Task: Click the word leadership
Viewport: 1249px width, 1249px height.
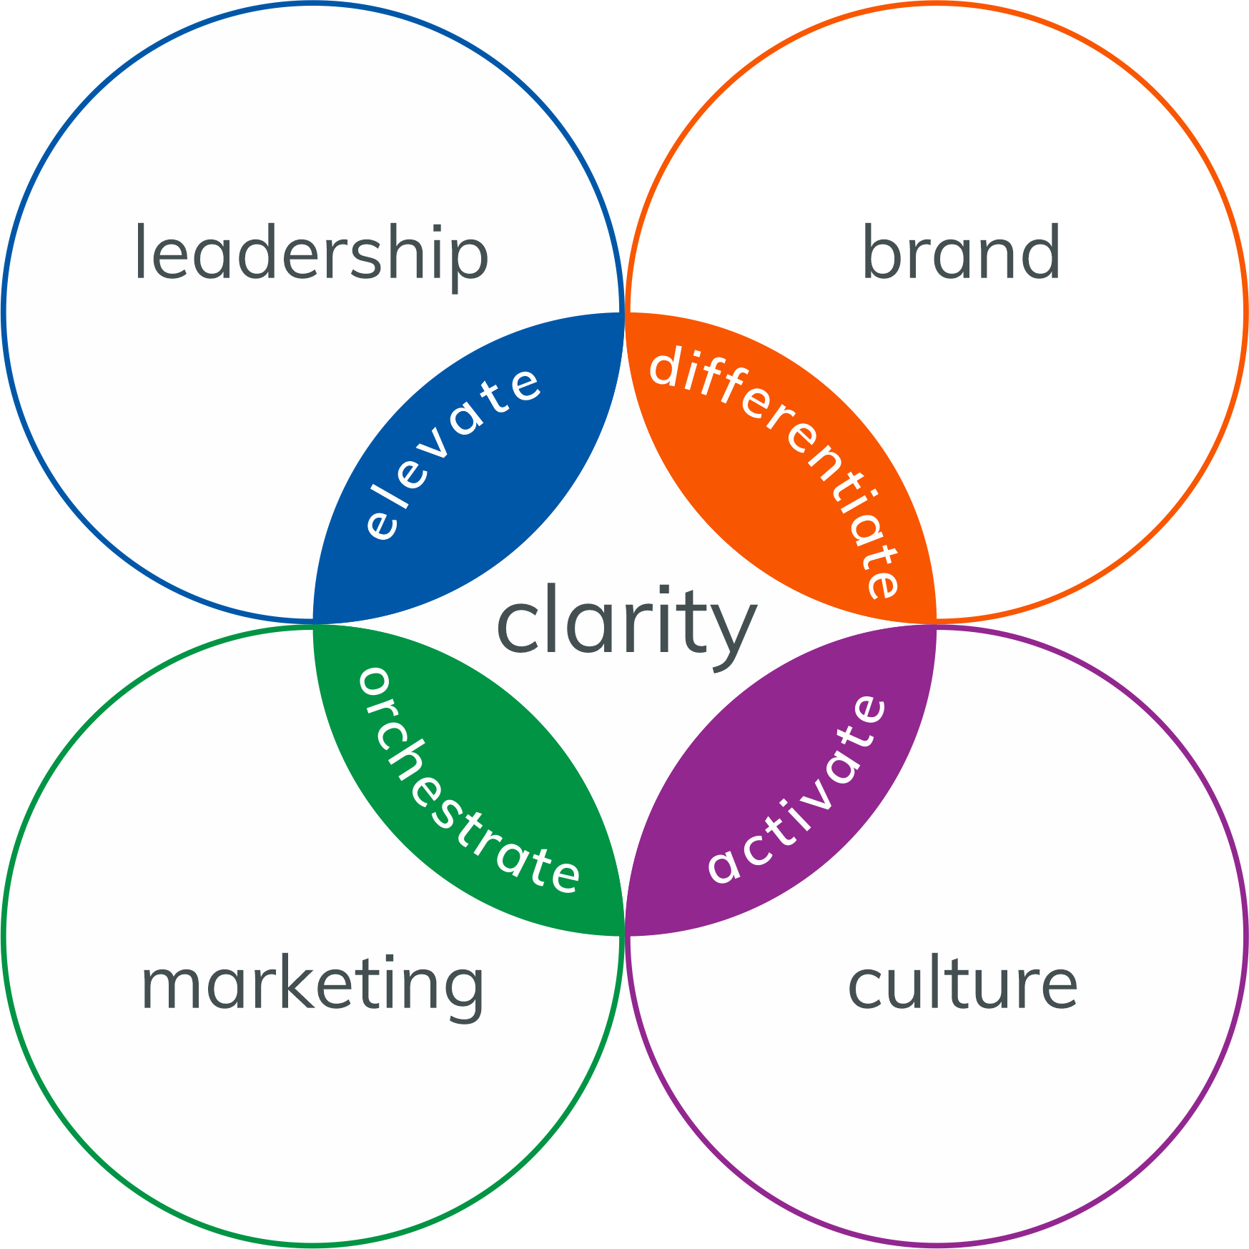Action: click(311, 254)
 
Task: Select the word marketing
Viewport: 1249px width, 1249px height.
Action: click(312, 985)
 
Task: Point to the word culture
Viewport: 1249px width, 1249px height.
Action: click(962, 984)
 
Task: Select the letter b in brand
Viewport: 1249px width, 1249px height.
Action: click(882, 252)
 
